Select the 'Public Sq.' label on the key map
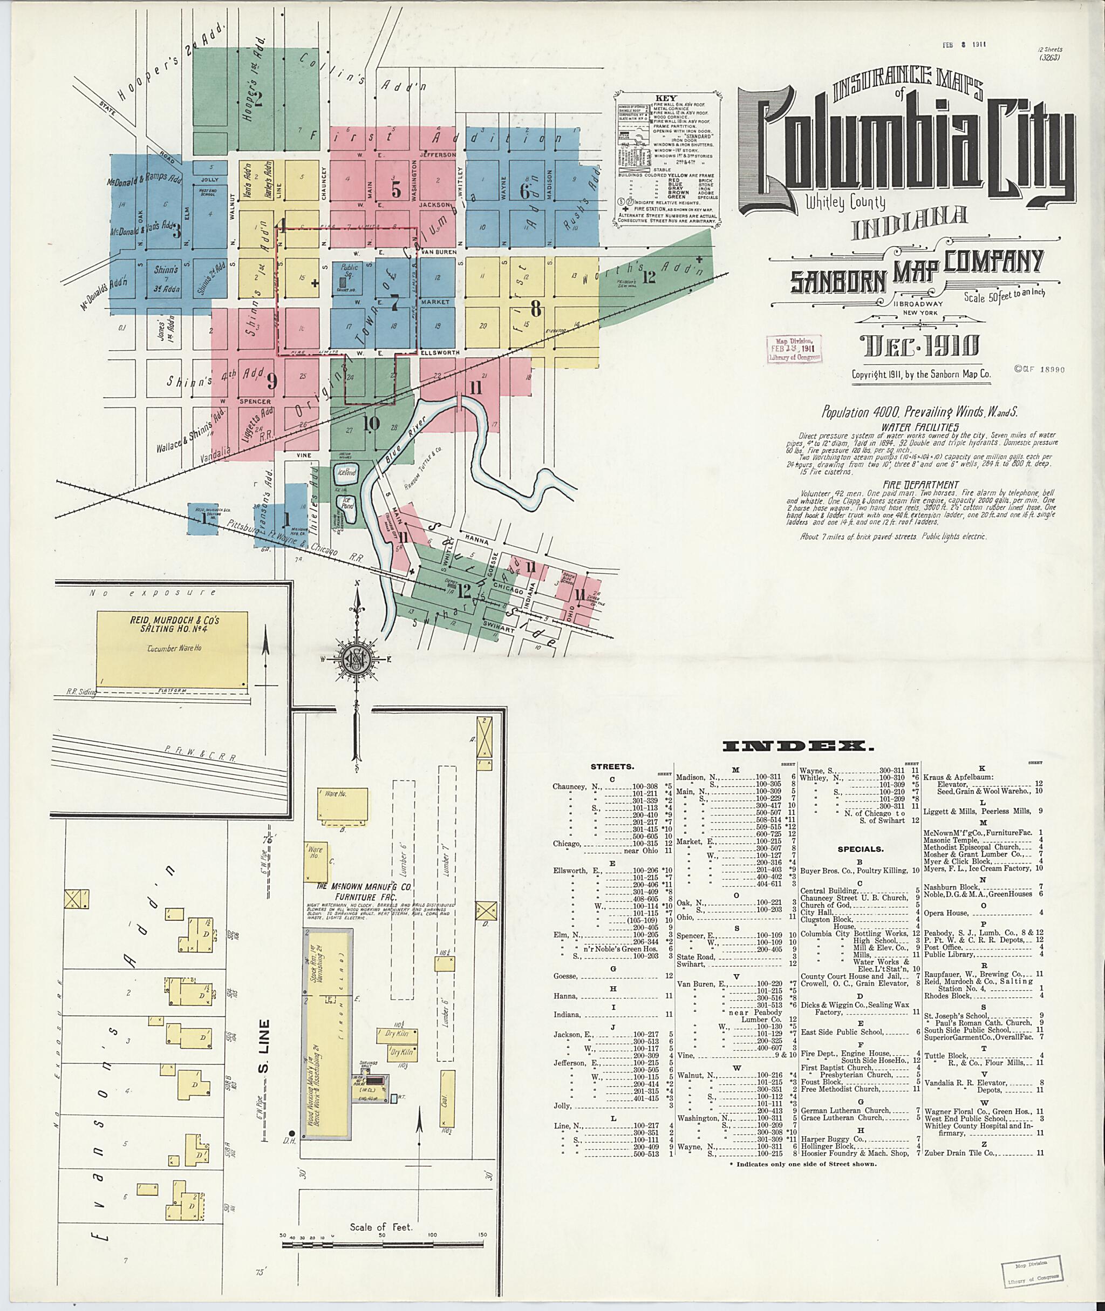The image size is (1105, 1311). point(349,268)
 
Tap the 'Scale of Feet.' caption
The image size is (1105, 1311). point(381,1227)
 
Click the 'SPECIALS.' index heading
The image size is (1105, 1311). point(860,850)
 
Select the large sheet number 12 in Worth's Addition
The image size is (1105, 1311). point(649,276)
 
